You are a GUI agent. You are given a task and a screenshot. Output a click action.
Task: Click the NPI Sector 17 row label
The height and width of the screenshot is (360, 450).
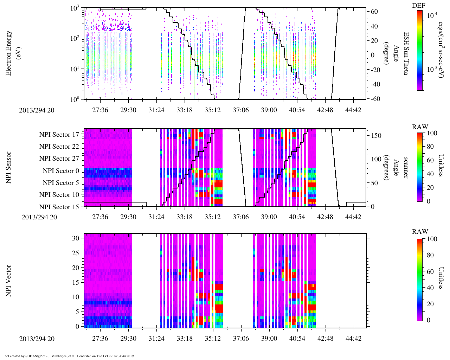click(59, 135)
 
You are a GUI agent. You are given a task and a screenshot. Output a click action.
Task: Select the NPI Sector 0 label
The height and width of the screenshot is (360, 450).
click(61, 171)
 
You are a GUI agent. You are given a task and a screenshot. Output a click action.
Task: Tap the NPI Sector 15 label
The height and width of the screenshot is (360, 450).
click(59, 207)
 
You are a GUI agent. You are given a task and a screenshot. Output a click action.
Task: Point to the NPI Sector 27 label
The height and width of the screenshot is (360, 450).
click(59, 159)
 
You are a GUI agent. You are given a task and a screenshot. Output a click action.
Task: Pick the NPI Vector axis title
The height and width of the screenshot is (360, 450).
click(9, 281)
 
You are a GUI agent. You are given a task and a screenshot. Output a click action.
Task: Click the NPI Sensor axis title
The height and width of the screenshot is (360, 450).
click(9, 167)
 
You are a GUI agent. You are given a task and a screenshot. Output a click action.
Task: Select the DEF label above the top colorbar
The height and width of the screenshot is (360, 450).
click(418, 5)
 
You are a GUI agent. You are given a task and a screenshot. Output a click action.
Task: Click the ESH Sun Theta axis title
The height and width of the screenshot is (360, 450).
click(406, 53)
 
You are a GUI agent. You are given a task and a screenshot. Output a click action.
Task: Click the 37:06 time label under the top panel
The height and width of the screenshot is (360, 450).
click(240, 110)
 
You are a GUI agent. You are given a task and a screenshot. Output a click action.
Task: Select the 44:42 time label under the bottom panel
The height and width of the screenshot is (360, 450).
click(353, 338)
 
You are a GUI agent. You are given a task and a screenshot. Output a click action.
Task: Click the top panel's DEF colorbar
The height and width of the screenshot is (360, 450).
click(419, 50)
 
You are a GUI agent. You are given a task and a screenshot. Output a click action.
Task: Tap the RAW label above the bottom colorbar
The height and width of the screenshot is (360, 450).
click(420, 232)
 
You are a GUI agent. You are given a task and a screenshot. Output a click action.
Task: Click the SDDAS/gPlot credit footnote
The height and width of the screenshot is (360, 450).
click(69, 356)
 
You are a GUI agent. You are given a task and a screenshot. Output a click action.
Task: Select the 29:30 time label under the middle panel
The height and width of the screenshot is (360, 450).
click(128, 217)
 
